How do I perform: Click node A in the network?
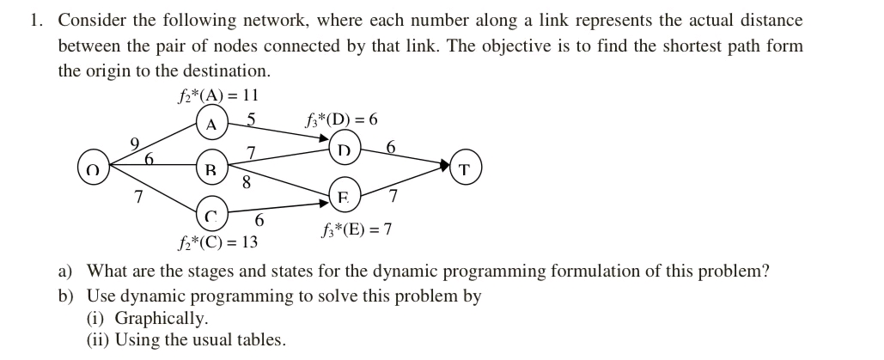click(210, 124)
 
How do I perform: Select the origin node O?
click(94, 169)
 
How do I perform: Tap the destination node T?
click(465, 168)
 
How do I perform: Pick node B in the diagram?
click(210, 168)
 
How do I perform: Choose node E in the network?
click(344, 197)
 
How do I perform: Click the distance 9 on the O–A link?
click(134, 142)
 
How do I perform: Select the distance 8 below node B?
click(247, 182)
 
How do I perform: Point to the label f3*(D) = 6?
click(341, 119)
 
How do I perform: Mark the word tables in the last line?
click(260, 339)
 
